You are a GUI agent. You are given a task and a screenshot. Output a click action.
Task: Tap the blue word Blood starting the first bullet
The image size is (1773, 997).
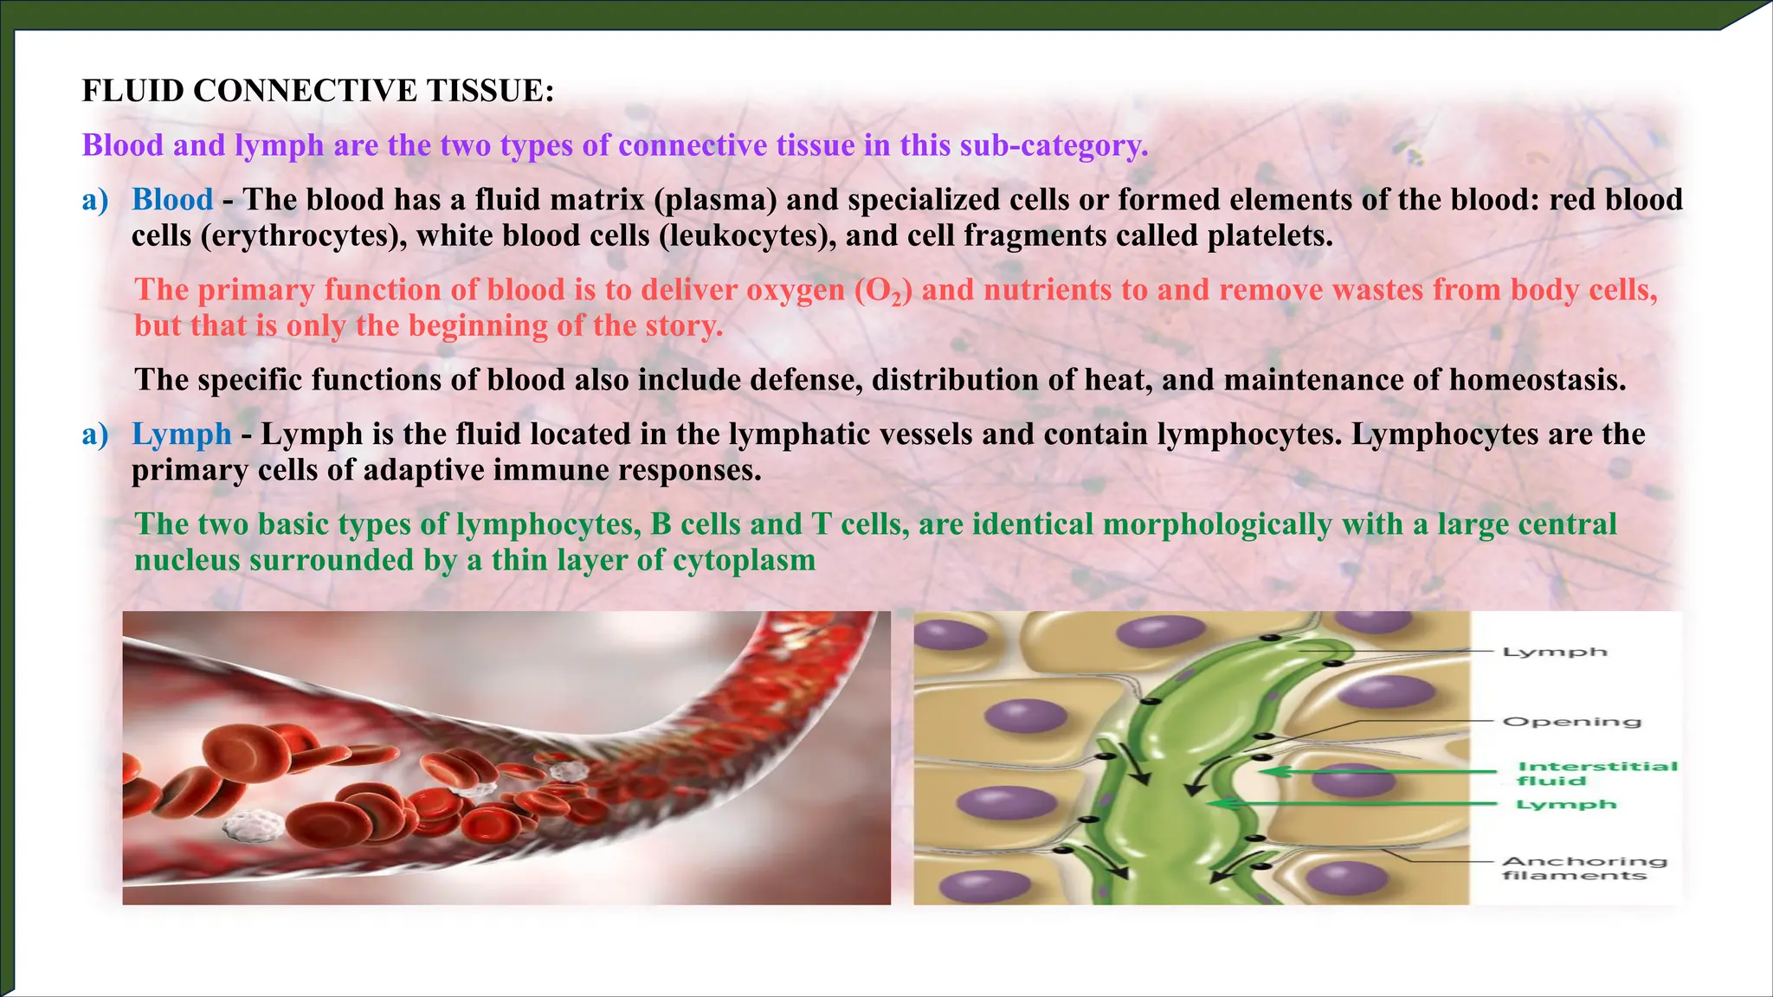tap(172, 200)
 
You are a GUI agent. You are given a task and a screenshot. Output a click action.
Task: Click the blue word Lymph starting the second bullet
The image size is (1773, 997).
tap(182, 434)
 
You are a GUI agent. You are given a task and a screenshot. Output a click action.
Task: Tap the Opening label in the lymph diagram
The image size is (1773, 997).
tap(1571, 721)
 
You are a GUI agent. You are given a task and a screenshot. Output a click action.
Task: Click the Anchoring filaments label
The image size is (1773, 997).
tap(1583, 868)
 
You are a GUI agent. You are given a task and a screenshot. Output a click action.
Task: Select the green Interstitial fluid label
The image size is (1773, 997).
tap(1596, 773)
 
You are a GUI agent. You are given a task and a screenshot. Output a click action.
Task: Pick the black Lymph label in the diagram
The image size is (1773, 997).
tap(1554, 652)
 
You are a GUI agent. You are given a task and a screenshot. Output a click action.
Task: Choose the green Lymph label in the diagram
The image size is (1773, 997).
tap(1566, 805)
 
